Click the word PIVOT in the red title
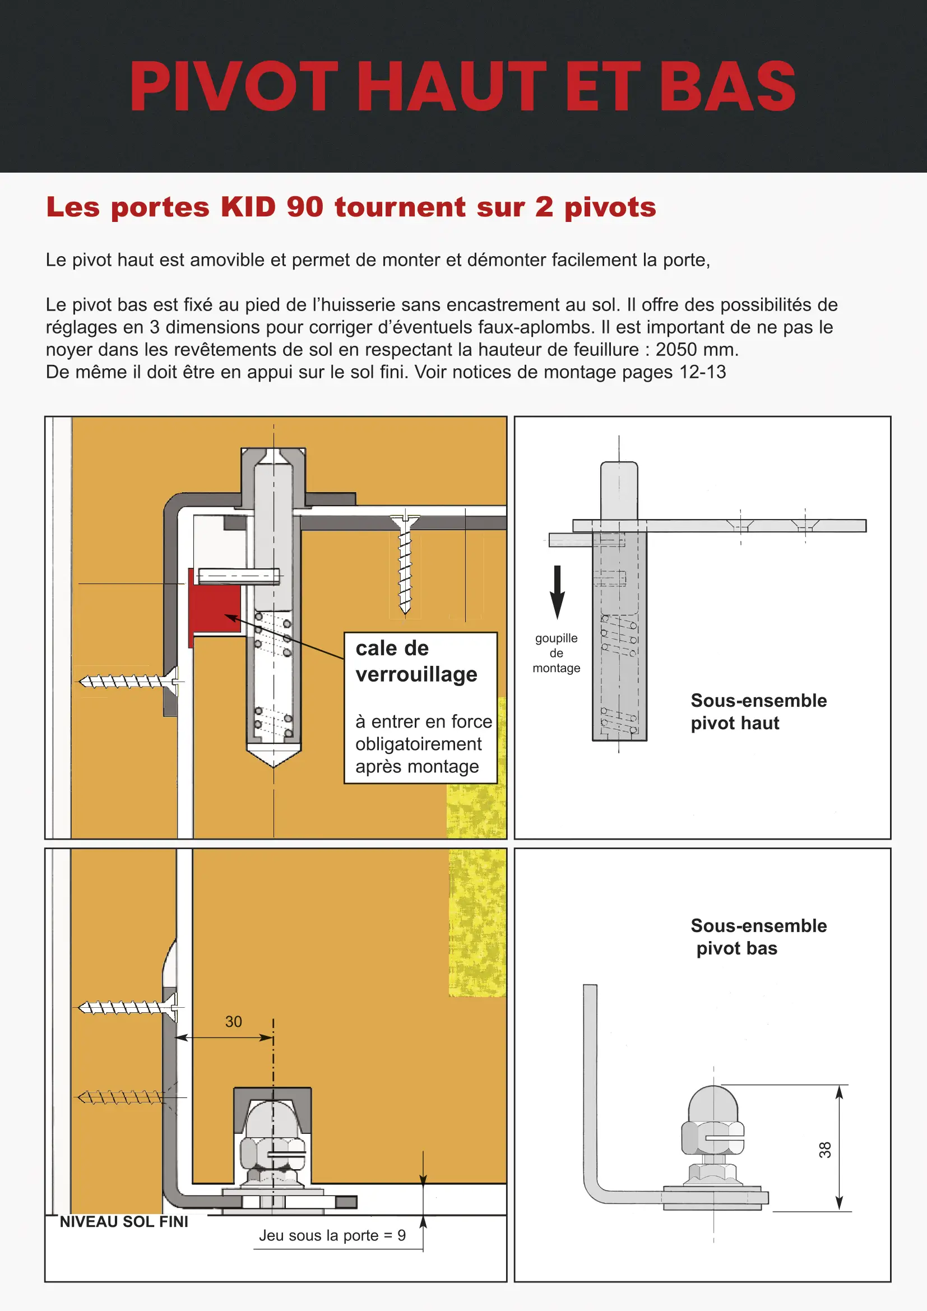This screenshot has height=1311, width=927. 234,87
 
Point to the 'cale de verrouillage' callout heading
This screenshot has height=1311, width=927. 416,661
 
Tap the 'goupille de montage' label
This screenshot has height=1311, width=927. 557,653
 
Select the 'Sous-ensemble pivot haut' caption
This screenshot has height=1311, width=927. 758,711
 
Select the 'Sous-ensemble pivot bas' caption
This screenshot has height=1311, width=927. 758,937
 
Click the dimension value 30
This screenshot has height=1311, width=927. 234,1022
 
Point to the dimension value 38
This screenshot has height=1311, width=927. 825,1150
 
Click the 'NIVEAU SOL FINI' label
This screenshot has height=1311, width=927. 124,1221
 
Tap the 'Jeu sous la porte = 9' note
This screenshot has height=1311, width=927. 332,1235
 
